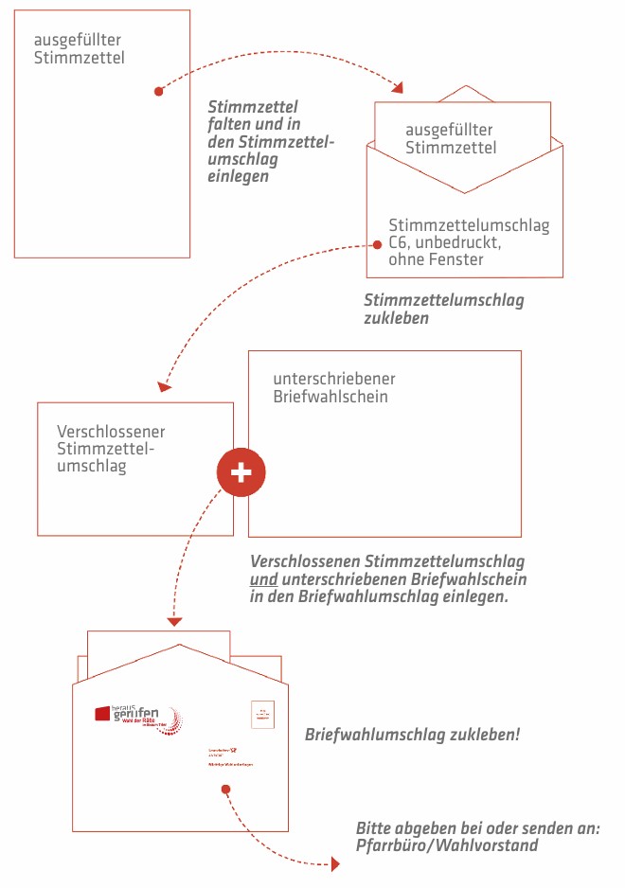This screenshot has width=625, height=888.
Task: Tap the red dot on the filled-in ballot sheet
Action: pyautogui.click(x=159, y=92)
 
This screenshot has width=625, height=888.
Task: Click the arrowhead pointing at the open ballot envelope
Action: pyautogui.click(x=398, y=88)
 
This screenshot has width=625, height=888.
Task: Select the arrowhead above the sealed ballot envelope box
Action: pyautogui.click(x=165, y=386)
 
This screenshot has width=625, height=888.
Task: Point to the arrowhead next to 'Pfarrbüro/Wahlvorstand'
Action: pyautogui.click(x=335, y=864)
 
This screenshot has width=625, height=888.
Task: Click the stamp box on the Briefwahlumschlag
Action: pyautogui.click(x=262, y=715)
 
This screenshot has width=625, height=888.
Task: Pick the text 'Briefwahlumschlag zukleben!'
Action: pyautogui.click(x=412, y=734)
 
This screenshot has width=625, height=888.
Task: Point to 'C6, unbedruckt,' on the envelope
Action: pyautogui.click(x=444, y=243)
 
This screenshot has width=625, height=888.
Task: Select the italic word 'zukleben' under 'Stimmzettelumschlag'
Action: pyautogui.click(x=397, y=318)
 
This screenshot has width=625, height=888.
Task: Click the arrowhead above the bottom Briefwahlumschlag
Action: pyautogui.click(x=173, y=622)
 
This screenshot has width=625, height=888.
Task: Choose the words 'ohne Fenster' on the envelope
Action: pyautogui.click(x=431, y=259)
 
